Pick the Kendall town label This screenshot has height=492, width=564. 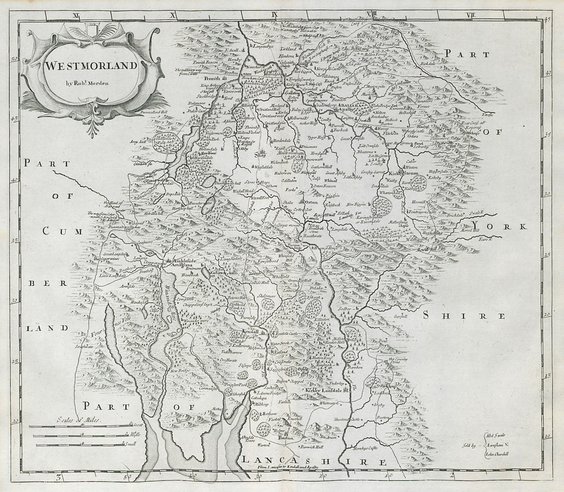[248, 332]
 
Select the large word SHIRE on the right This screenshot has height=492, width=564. [456, 315]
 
